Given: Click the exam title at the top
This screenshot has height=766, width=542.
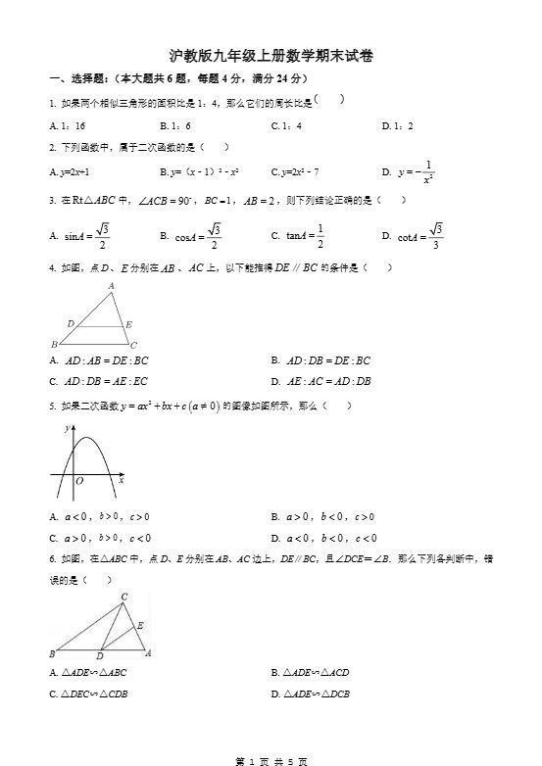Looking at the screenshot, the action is click(271, 57).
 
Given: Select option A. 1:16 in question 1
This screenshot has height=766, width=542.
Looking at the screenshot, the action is click(68, 125).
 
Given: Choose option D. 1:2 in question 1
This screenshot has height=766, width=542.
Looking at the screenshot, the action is click(397, 125).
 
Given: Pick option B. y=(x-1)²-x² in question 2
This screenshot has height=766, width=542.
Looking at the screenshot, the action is click(200, 171).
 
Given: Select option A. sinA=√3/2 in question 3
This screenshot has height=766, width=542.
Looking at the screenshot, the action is click(79, 235).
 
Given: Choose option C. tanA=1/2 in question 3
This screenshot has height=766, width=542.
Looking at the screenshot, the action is click(298, 235).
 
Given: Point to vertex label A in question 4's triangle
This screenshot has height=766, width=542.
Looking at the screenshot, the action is click(111, 286).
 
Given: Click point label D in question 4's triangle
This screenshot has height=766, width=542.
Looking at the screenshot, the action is click(70, 322).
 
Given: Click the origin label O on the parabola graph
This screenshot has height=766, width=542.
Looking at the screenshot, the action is click(79, 481).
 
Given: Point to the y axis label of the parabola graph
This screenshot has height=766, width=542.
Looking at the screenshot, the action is click(66, 428).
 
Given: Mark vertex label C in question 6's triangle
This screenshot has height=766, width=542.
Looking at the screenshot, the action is click(123, 597).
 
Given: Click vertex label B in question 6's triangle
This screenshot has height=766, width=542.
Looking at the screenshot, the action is click(51, 653).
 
